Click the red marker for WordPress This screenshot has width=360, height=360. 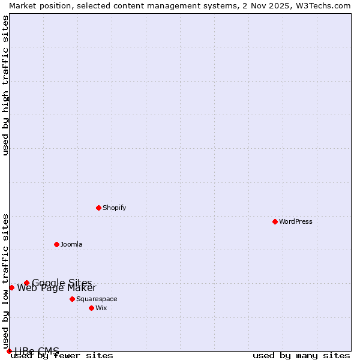tap(275, 221)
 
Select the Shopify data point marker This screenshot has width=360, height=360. tap(98, 208)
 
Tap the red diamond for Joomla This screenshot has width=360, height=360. tap(56, 244)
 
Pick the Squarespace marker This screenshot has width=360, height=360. tap(72, 299)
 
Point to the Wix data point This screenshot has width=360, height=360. tap(91, 308)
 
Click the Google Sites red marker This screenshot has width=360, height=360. tap(26, 283)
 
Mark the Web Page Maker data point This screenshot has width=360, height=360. tap(11, 287)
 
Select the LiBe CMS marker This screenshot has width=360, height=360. tap(9, 351)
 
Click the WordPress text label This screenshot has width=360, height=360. tap(296, 221)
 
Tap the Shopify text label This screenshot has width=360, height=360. tap(114, 208)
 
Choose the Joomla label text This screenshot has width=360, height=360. tap(71, 244)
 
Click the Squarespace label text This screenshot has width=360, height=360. tap(97, 299)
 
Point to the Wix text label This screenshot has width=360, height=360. tap(101, 308)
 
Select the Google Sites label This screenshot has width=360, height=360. tap(62, 283)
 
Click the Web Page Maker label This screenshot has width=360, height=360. tap(56, 288)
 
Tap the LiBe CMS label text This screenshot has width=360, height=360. tap(37, 351)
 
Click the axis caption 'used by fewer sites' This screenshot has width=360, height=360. tap(62, 356)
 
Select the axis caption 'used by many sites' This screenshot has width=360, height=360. tap(301, 356)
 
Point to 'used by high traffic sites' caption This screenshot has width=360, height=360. tap(5, 85)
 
